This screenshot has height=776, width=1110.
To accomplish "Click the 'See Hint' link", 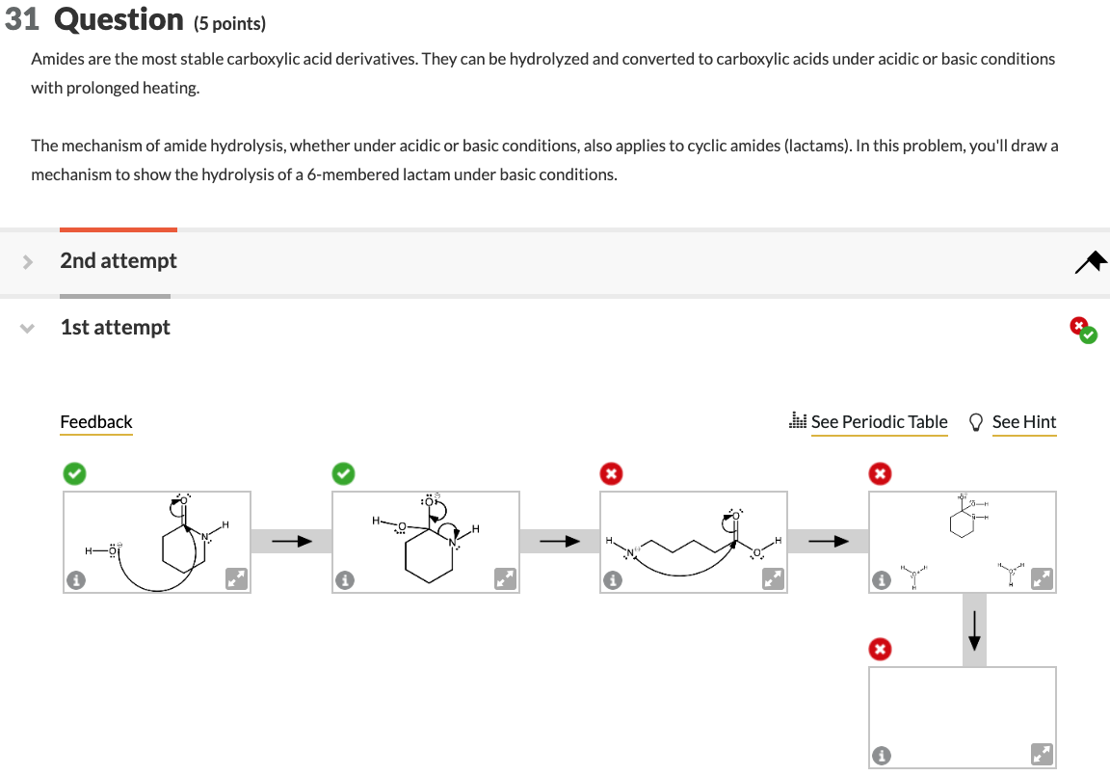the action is pyautogui.click(x=1023, y=422).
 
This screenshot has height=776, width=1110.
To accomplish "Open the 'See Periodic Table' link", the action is pyautogui.click(x=879, y=422).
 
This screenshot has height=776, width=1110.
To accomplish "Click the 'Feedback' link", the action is pyautogui.click(x=96, y=422).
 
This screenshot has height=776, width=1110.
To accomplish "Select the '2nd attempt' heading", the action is pyautogui.click(x=119, y=261).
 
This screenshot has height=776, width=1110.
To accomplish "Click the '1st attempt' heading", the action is pyautogui.click(x=115, y=328).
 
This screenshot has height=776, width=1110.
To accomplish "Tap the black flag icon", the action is pyautogui.click(x=1093, y=261).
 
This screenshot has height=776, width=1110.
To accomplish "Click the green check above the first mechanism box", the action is pyautogui.click(x=74, y=473).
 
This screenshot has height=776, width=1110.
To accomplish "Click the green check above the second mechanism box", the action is pyautogui.click(x=343, y=473).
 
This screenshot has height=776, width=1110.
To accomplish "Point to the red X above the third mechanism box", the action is pyautogui.click(x=611, y=473).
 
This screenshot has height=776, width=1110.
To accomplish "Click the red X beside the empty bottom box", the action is pyautogui.click(x=879, y=649).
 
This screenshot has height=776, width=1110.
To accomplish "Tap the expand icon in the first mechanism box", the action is pyautogui.click(x=236, y=578).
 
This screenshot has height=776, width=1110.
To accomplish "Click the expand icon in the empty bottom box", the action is pyautogui.click(x=1042, y=754).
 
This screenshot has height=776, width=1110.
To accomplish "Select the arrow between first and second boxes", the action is pyautogui.click(x=291, y=542).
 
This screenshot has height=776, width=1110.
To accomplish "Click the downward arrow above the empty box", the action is pyautogui.click(x=974, y=629).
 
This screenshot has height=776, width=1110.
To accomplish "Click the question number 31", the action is pyautogui.click(x=21, y=19).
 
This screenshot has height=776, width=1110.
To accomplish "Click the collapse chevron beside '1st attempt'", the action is pyautogui.click(x=28, y=328).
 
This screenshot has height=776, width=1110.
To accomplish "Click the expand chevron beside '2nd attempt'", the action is pyautogui.click(x=28, y=261).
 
